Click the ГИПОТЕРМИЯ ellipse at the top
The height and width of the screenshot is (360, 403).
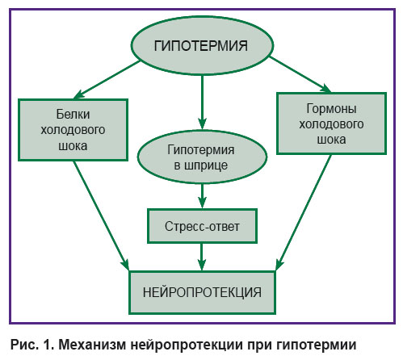[202, 45]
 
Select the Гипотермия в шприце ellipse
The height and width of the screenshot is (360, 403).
[202, 157]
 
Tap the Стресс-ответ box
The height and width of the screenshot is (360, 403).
[202, 226]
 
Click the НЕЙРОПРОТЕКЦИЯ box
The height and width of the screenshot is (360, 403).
[202, 292]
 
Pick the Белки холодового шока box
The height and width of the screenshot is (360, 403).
[73, 130]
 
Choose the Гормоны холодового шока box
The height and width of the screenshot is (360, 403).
[332, 123]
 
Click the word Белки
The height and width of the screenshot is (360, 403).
[73, 115]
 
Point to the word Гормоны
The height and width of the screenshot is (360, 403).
[332, 109]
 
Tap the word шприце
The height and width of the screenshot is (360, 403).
[206, 165]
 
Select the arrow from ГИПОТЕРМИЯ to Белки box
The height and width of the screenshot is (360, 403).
[107, 80]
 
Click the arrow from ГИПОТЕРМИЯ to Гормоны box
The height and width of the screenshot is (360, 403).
[300, 74]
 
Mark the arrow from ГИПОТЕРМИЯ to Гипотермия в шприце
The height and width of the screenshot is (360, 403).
[202, 103]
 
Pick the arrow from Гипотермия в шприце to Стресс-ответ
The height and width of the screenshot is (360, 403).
[202, 196]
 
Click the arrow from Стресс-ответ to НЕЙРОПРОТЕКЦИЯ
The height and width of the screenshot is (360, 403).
[202, 257]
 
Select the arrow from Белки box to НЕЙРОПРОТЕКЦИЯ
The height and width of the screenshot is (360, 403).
[101, 216]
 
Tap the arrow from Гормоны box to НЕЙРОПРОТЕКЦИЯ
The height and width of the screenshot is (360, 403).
[304, 212]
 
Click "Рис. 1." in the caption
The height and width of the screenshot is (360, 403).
[32, 345]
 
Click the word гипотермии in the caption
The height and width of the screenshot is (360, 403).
[316, 345]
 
